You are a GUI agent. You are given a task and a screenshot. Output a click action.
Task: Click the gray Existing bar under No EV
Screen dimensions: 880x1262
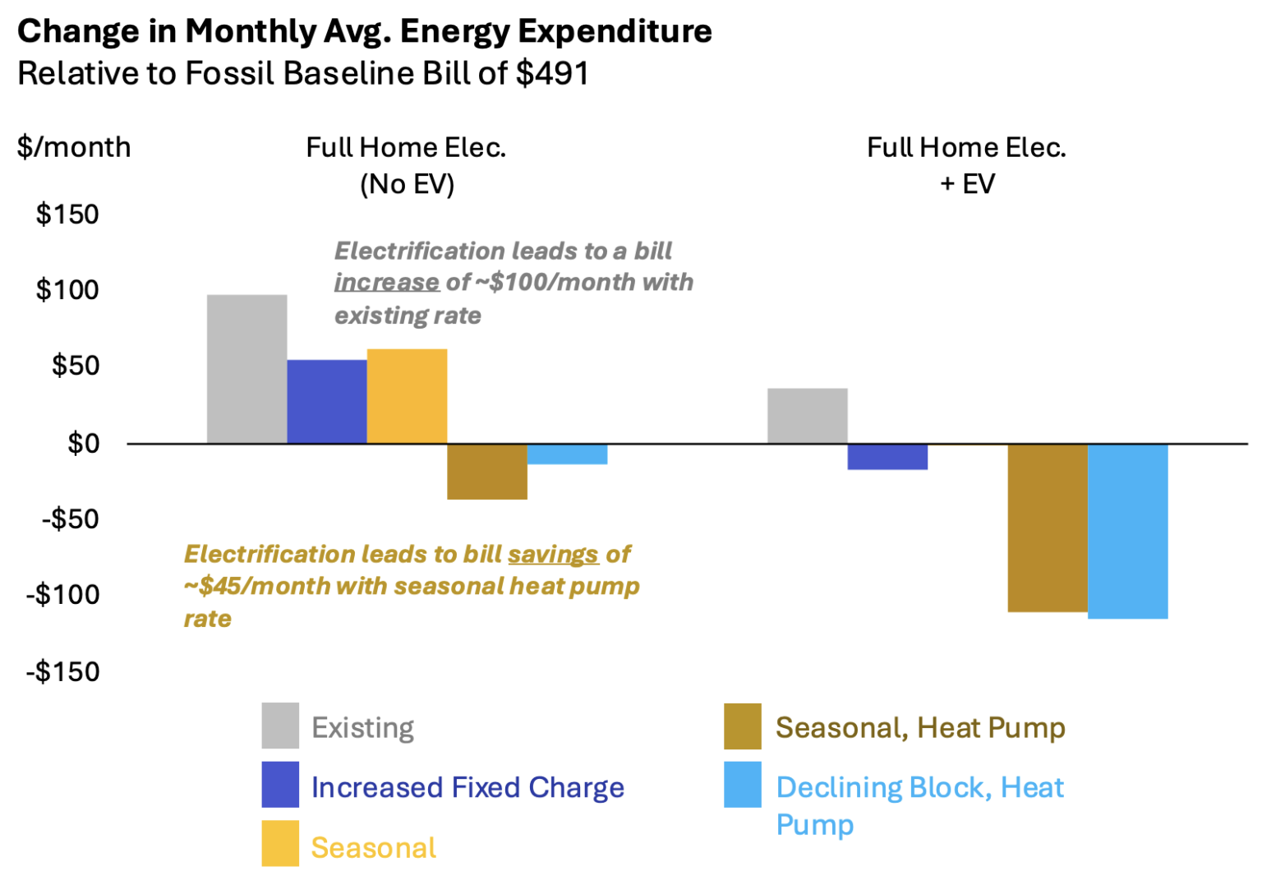tap(246, 369)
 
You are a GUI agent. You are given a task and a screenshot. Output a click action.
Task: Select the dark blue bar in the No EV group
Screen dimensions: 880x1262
tap(326, 402)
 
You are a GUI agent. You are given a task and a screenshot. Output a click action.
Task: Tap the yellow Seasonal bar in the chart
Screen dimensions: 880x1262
tap(407, 396)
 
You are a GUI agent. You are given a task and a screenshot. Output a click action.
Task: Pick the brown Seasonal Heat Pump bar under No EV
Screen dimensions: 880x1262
tap(486, 472)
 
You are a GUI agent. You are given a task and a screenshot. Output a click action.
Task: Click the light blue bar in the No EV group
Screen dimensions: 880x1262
tap(567, 454)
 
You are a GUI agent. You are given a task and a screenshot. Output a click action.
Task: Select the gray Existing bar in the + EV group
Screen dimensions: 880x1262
tap(807, 416)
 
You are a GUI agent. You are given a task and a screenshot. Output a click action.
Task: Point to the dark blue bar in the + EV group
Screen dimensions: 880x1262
tap(887, 457)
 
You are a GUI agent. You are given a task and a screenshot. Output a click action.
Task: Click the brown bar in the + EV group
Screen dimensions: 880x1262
tap(1048, 528)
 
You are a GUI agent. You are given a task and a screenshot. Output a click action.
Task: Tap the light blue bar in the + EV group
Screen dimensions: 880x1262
tap(1127, 531)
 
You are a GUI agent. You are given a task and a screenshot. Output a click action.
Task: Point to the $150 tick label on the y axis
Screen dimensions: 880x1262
tap(67, 214)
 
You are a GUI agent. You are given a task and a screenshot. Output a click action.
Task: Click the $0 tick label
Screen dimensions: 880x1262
tap(83, 444)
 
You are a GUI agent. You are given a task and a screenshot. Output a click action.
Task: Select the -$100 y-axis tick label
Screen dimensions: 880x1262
tap(63, 594)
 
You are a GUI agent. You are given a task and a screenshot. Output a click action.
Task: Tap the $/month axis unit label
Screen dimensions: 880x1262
tap(74, 147)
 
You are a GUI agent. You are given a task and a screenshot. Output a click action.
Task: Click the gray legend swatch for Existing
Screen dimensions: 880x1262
tap(280, 726)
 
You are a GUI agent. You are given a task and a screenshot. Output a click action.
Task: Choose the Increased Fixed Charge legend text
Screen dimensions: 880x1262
tap(467, 787)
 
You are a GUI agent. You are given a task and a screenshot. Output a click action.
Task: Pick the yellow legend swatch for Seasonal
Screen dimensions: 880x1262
tap(280, 843)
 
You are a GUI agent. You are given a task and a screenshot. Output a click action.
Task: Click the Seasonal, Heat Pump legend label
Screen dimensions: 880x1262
tap(920, 727)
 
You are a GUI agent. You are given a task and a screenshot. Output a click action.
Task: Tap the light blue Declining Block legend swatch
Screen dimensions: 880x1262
tap(742, 785)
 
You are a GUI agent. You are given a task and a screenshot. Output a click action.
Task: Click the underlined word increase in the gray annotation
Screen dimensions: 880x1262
tap(386, 282)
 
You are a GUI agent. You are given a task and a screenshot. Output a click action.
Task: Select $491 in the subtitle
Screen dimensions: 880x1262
tap(552, 73)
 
